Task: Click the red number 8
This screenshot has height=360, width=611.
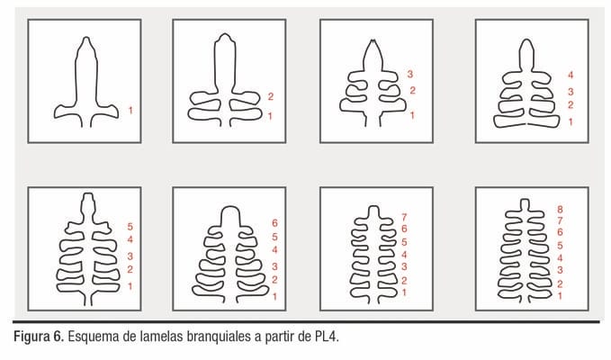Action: click(560, 209)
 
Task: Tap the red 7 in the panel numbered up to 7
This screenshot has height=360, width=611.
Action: click(404, 218)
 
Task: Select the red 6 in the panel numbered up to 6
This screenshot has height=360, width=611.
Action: click(274, 223)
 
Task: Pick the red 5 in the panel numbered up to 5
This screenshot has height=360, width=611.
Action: click(130, 227)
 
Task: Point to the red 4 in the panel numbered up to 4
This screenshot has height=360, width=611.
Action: click(571, 75)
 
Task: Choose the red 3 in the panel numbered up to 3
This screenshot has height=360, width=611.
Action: click(410, 74)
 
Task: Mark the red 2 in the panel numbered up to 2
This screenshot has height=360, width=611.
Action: click(271, 96)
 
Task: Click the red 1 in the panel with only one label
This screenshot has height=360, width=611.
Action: click(130, 111)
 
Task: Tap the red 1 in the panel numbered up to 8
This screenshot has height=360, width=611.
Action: click(560, 296)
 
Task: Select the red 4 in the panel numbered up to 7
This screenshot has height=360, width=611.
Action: click(404, 255)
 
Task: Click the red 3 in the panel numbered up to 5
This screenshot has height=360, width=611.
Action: click(130, 256)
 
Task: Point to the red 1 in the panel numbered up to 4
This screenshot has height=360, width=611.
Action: click(571, 121)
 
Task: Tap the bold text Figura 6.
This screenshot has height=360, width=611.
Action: click(38, 337)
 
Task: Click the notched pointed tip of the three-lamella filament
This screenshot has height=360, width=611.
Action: click(373, 40)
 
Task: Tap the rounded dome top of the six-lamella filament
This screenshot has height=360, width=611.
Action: click(229, 207)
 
